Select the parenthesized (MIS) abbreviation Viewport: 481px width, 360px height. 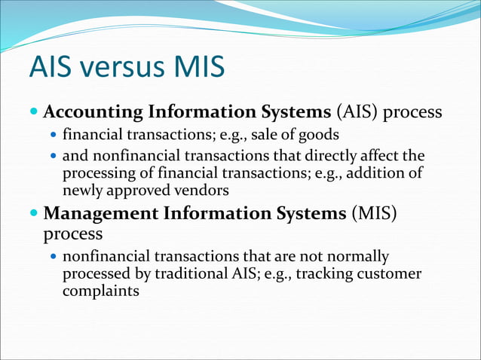point(373,213)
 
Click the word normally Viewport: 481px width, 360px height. point(359,257)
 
